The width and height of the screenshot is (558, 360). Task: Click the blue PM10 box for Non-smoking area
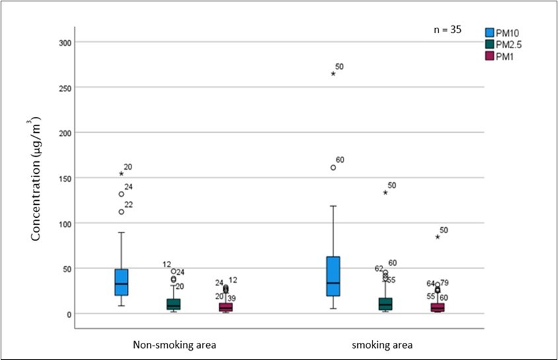122,282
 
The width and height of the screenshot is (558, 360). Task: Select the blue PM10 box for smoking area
333,276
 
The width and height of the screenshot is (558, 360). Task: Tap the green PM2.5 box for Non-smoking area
174,304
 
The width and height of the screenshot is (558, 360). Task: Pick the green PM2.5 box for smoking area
385,304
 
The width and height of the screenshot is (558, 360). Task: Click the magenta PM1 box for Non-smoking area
226,307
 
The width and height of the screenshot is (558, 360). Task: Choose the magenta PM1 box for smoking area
437,307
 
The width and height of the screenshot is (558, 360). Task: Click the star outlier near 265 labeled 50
333,73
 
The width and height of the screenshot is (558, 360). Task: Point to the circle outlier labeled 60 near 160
333,168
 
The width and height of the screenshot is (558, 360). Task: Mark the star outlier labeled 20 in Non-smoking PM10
122,174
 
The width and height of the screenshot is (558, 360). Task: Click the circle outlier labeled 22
122,212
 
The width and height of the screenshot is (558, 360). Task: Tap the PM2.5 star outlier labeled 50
385,193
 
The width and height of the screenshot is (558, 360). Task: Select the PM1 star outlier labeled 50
437,236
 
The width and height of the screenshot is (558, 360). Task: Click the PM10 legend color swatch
490,32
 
